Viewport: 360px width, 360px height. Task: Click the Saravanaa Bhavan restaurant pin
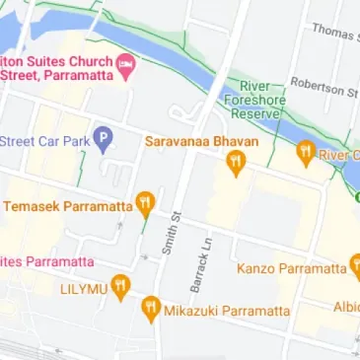(x=235, y=164)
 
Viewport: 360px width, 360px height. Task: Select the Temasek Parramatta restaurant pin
(x=146, y=205)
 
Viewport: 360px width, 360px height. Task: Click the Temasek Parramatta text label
(x=67, y=207)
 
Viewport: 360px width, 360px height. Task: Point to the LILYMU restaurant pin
(x=120, y=287)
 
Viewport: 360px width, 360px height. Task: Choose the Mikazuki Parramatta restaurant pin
(x=150, y=310)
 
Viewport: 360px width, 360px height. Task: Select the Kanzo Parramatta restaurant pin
(x=356, y=266)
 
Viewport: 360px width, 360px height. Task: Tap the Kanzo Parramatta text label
(x=292, y=268)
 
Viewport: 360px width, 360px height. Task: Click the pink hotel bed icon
(x=125, y=66)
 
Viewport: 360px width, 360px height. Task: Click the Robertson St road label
(x=324, y=88)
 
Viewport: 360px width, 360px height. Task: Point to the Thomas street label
(x=333, y=32)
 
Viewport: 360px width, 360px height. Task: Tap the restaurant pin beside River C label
(x=305, y=154)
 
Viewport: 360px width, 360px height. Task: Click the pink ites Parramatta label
(x=46, y=261)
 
